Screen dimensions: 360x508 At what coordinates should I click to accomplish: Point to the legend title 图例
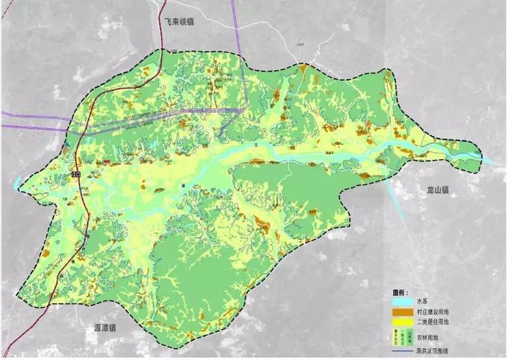(x=401, y=293)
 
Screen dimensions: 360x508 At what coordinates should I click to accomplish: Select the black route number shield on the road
(x=75, y=174)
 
